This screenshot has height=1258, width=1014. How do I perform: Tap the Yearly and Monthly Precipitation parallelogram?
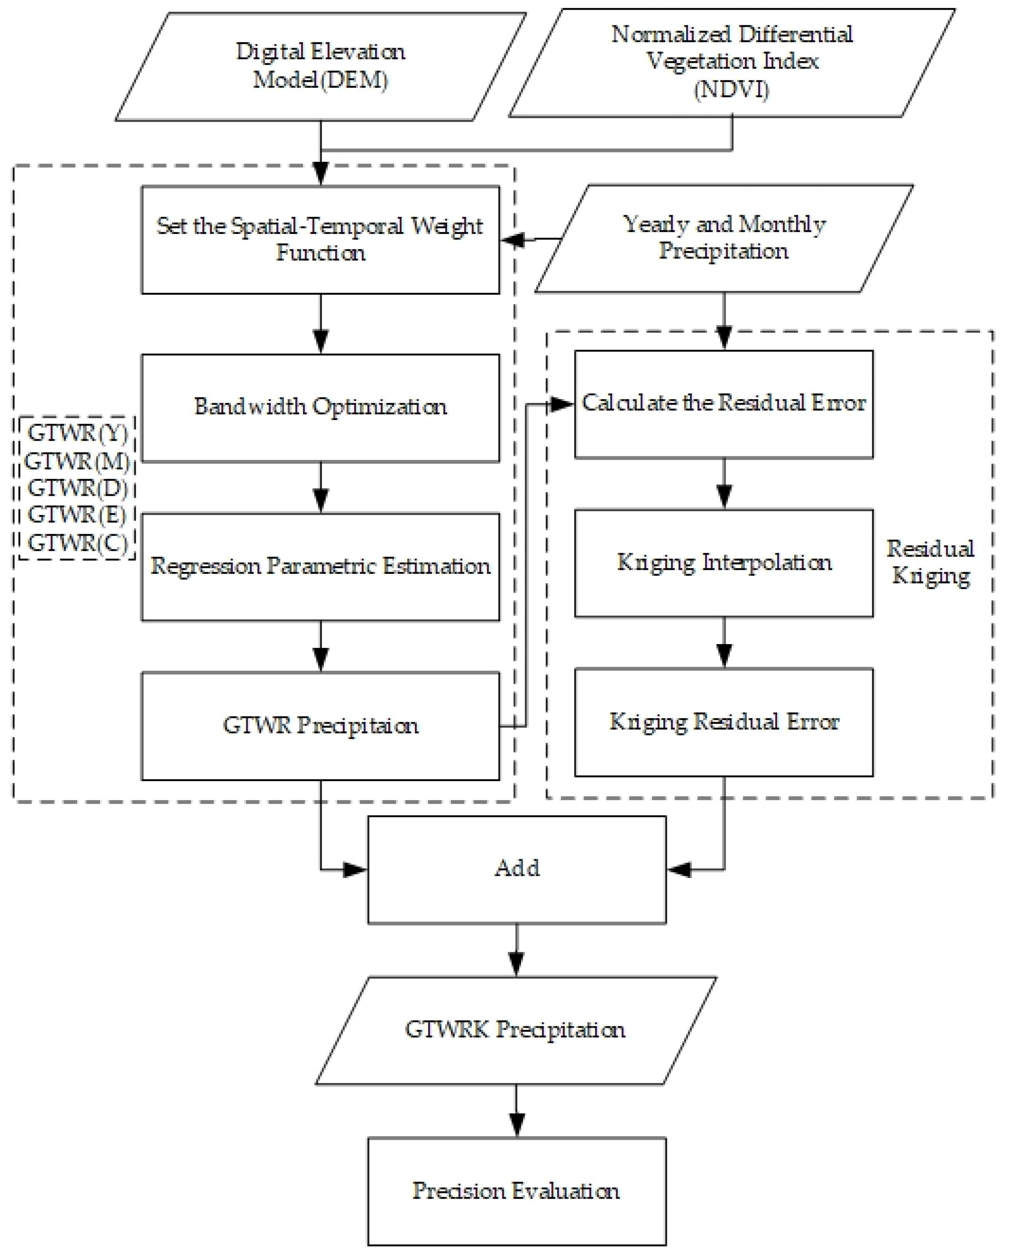pos(724,238)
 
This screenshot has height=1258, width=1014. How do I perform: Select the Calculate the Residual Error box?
pos(724,403)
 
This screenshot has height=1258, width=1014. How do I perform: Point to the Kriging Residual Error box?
pos(724,722)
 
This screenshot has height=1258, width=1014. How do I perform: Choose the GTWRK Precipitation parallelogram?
pos(516,1030)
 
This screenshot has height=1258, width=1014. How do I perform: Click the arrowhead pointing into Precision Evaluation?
pos(516,1125)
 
